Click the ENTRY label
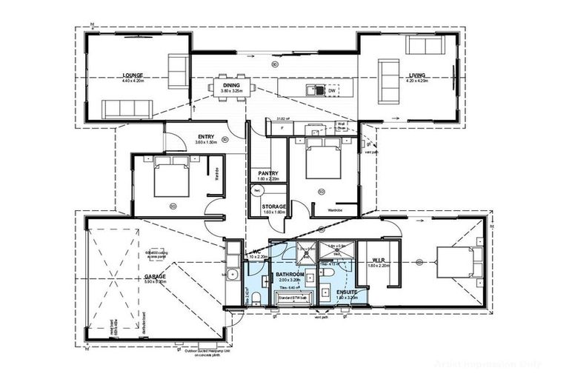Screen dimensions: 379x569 pyautogui.click(x=206, y=137)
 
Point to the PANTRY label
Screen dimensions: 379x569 pyautogui.click(x=262, y=172)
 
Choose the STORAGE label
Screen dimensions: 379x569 pyautogui.click(x=274, y=207)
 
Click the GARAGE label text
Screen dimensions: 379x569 pyautogui.click(x=155, y=277)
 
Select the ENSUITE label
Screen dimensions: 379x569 pyautogui.click(x=345, y=292)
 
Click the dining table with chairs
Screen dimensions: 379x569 pyautogui.click(x=231, y=87)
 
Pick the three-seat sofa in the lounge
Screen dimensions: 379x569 pyautogui.click(x=127, y=110)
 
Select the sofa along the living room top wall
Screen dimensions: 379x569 pyautogui.click(x=425, y=46)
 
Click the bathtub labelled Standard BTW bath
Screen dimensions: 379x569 pyautogui.click(x=295, y=298)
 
